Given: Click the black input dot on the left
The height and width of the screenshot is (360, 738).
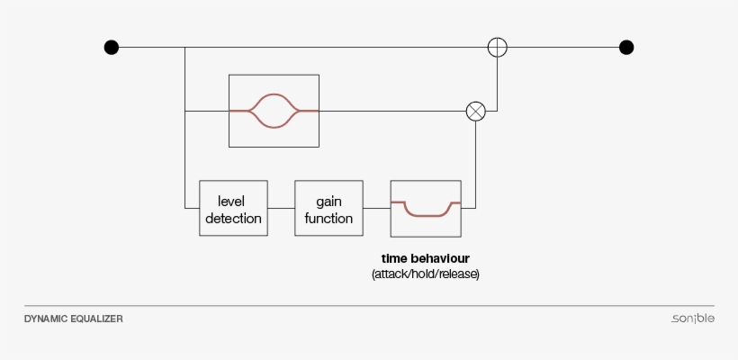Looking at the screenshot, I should click(111, 47).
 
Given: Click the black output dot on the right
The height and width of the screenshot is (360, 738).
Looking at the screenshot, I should click(626, 47).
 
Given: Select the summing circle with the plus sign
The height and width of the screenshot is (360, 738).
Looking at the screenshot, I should click(497, 47).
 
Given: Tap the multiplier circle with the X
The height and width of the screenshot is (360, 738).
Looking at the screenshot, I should click(475, 111).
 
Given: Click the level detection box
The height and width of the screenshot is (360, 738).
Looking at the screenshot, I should click(233, 208).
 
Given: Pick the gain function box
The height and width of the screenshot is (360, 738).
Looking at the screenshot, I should click(328, 208).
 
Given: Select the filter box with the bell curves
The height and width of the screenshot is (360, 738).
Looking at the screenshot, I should click(274, 111).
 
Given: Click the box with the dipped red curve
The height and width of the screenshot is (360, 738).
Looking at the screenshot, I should click(425, 208).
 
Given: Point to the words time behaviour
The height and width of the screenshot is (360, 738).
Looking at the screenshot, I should click(425, 258).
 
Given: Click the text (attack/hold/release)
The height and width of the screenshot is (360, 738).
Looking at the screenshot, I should click(425, 274).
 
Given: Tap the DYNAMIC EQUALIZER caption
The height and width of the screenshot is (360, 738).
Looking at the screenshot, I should click(74, 319).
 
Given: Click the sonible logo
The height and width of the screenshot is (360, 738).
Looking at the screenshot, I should click(692, 319).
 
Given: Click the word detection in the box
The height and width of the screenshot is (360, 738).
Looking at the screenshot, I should click(233, 218).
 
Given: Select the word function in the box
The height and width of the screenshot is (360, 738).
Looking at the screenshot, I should click(328, 218).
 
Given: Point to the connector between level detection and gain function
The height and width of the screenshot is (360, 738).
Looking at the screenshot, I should click(281, 208).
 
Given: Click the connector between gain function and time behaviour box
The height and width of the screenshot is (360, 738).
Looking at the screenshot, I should click(376, 208).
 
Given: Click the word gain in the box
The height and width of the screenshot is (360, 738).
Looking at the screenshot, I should click(328, 200).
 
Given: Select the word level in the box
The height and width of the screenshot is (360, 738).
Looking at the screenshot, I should click(232, 200).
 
